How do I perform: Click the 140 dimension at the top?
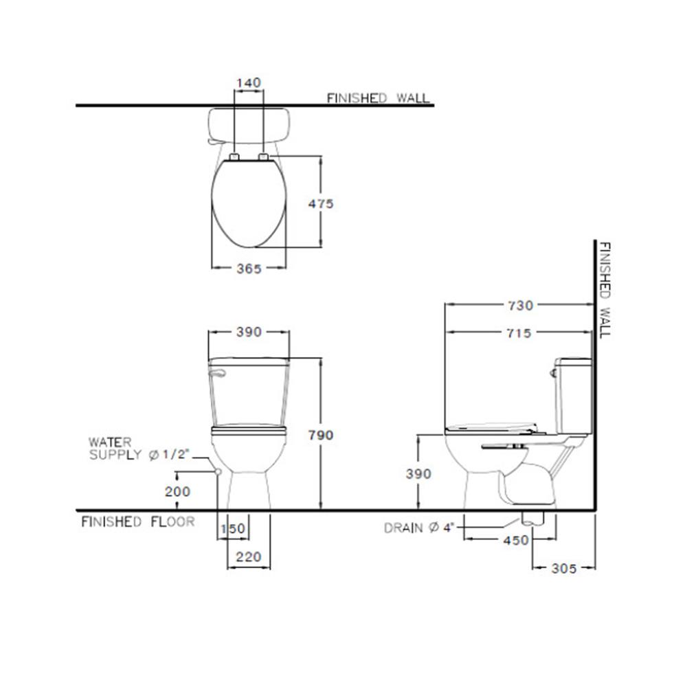[x=249, y=82]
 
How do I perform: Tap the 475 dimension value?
[x=321, y=204]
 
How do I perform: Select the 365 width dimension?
[x=249, y=269]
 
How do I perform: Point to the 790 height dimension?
[x=321, y=435]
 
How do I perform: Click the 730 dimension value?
[x=521, y=306]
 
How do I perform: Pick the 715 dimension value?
[x=519, y=333]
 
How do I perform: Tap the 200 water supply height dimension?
[x=177, y=492]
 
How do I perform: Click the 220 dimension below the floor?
[x=249, y=557]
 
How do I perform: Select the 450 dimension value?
[x=516, y=541]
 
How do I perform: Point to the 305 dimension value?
[x=564, y=568]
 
